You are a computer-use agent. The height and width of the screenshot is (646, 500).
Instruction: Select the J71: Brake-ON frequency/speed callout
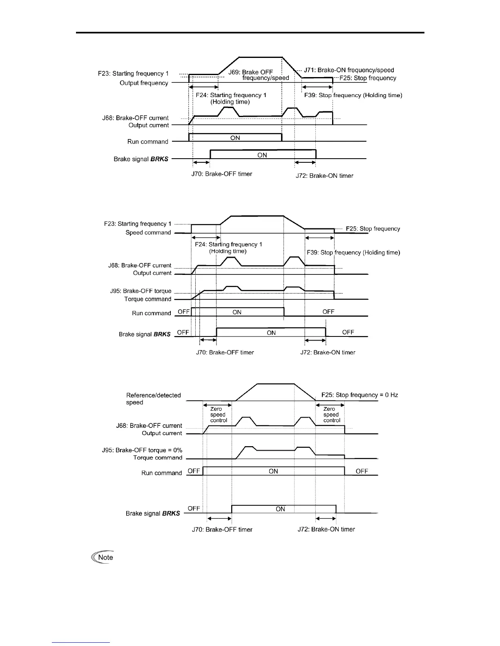(x=349, y=70)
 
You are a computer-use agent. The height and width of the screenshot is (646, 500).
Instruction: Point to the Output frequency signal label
(x=144, y=83)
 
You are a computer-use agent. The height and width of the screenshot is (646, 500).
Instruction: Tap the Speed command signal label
(x=148, y=233)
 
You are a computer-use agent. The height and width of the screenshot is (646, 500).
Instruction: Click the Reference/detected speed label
(x=153, y=399)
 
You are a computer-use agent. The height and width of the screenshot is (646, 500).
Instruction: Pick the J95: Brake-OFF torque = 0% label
(x=142, y=450)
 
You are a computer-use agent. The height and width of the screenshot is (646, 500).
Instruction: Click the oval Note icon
(x=103, y=558)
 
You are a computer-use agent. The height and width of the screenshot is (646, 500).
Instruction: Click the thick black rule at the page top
(x=250, y=33)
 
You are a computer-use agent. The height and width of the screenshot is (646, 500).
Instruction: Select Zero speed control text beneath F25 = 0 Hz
(x=331, y=415)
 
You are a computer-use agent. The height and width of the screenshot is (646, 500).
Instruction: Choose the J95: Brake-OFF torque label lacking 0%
(x=141, y=291)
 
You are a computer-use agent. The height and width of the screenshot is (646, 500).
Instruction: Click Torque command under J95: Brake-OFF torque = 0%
(x=157, y=458)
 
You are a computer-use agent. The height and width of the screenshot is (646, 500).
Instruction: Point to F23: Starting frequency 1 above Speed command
(x=138, y=224)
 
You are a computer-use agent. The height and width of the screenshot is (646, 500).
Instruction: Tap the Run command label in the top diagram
(x=147, y=142)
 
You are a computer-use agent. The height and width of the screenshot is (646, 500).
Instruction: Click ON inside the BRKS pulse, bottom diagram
(x=280, y=509)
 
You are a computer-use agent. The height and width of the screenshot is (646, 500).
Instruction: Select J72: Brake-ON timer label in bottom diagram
(x=326, y=529)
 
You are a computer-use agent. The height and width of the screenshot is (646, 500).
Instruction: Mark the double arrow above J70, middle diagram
(x=208, y=340)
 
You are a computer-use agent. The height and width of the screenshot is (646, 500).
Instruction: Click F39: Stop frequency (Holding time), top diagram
(x=353, y=95)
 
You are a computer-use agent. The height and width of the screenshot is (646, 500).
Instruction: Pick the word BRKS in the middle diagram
(x=162, y=334)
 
